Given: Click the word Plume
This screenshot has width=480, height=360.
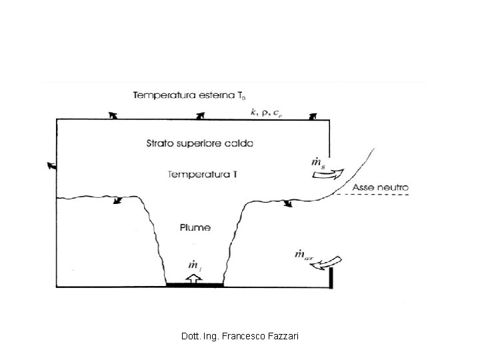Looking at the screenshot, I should pyautogui.click(x=195, y=227).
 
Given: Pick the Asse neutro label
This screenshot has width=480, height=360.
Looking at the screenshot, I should pyautogui.click(x=381, y=187).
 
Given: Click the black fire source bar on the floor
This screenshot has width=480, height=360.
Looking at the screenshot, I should pyautogui.click(x=195, y=286).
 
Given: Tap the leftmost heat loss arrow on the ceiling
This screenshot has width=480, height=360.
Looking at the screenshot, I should pyautogui.click(x=113, y=115).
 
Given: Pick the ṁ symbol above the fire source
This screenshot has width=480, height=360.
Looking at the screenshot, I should pyautogui.click(x=194, y=265).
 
